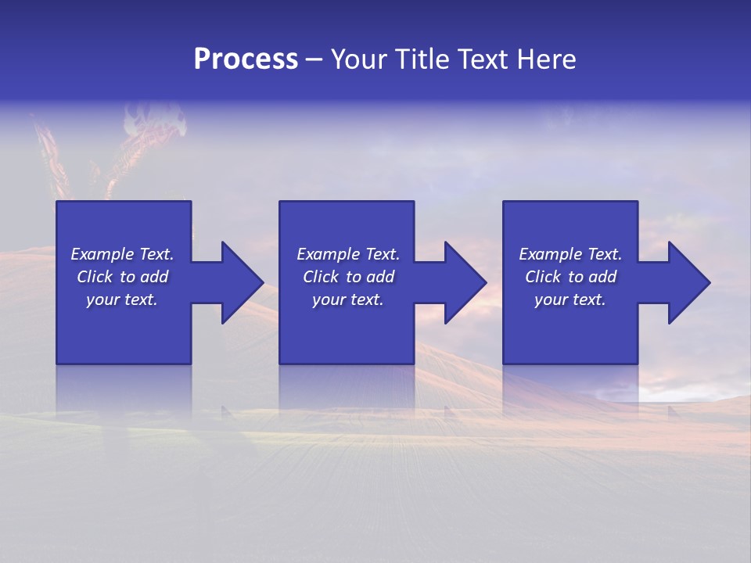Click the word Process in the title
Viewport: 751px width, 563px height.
click(x=246, y=59)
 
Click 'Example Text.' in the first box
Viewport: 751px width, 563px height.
click(x=122, y=254)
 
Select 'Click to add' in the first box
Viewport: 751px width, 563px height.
click(x=122, y=277)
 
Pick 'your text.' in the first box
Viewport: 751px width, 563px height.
click(x=122, y=299)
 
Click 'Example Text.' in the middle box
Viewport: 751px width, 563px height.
click(x=348, y=254)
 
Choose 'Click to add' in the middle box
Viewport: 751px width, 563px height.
click(x=348, y=277)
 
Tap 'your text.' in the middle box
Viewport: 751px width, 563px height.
click(x=348, y=299)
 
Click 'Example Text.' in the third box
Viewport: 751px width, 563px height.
click(x=570, y=254)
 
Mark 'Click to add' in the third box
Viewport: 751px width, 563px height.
click(x=570, y=277)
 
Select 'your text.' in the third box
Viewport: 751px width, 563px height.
click(x=570, y=299)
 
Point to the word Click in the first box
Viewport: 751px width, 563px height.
click(x=95, y=277)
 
